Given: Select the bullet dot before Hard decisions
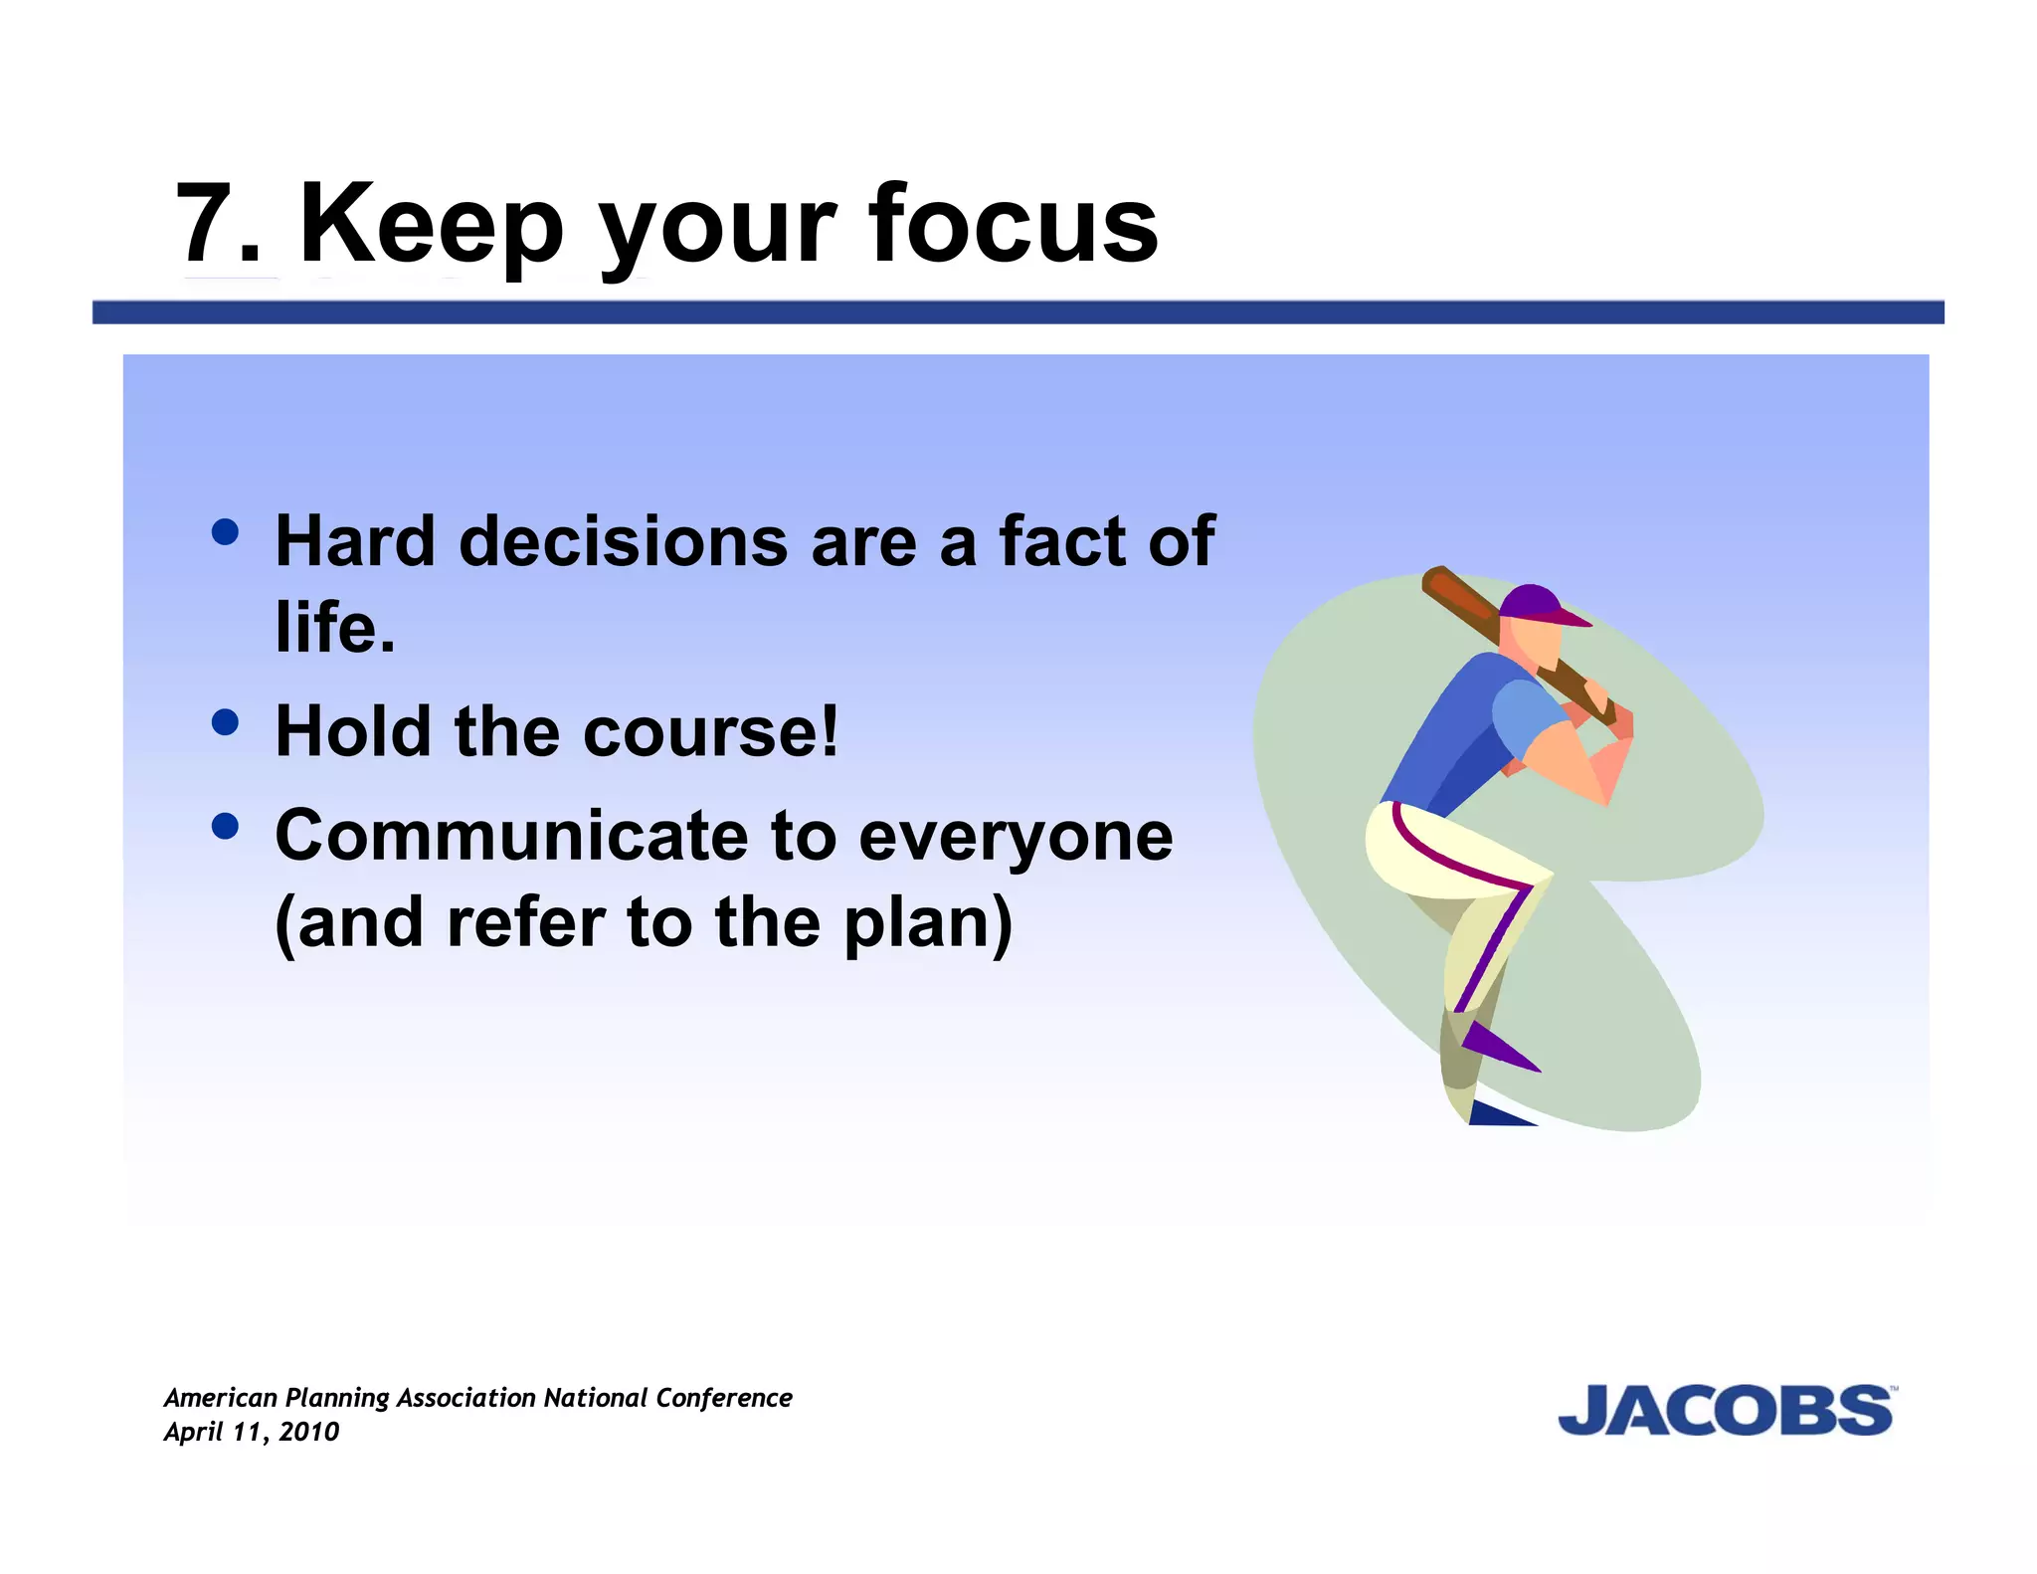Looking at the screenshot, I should pyautogui.click(x=226, y=532).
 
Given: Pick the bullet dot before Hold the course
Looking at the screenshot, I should pyautogui.click(x=226, y=721).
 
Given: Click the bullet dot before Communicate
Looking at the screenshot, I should pyautogui.click(x=226, y=826).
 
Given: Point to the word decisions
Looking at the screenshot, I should pyautogui.click(x=624, y=542).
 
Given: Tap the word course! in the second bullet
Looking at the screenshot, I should pyautogui.click(x=710, y=731).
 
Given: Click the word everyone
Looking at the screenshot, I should pyautogui.click(x=1015, y=838).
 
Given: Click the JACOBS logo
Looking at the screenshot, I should pyautogui.click(x=1726, y=1411).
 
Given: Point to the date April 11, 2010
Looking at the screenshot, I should pyautogui.click(x=252, y=1432).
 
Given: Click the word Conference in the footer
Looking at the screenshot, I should pyautogui.click(x=723, y=1398).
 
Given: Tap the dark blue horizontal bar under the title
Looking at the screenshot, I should pyautogui.click(x=1018, y=312).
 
